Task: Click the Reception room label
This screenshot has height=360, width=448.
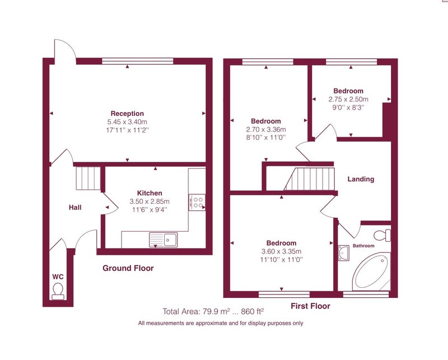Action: [x=127, y=114]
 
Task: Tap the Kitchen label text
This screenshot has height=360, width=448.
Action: [x=150, y=193]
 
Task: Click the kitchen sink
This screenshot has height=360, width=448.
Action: [x=163, y=240]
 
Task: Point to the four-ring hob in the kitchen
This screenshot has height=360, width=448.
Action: [x=197, y=202]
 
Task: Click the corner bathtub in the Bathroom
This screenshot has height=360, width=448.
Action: [x=371, y=271]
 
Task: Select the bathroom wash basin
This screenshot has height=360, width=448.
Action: [x=343, y=253]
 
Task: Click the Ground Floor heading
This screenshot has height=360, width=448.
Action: [x=128, y=268]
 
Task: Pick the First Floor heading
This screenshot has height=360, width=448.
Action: [x=310, y=306]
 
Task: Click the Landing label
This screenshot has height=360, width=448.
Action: [x=361, y=179]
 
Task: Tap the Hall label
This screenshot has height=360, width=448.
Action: [x=75, y=207]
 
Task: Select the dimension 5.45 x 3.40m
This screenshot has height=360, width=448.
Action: [x=127, y=121]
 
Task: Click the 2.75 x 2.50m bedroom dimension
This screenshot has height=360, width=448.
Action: [x=348, y=99]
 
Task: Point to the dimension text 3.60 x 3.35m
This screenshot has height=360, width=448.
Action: [x=281, y=251]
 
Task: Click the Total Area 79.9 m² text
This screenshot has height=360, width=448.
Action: [x=213, y=311]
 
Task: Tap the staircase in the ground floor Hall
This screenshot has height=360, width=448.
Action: [x=88, y=178]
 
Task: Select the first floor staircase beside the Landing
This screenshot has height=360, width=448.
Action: [x=309, y=179]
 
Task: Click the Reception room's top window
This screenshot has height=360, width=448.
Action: [x=138, y=61]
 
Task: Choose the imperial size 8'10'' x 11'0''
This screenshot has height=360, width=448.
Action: [x=265, y=137]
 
